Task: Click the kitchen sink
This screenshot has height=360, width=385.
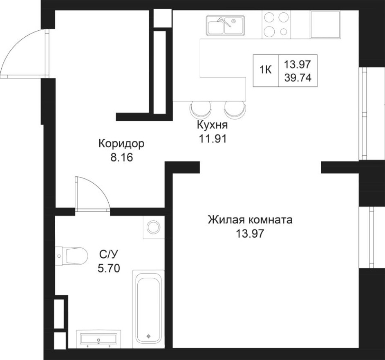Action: pos(225,25)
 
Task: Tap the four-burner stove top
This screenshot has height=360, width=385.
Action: pos(275,25)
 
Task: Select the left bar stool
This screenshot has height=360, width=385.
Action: pos(201,109)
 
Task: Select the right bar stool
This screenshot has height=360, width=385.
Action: pos(235,109)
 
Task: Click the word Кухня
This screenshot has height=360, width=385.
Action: pos(212,125)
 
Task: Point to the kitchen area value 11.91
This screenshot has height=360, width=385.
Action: pos(212,138)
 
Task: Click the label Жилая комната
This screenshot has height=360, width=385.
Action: pos(250,220)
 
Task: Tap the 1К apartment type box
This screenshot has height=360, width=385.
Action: pos(266,70)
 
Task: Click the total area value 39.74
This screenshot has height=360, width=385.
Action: pos(298,77)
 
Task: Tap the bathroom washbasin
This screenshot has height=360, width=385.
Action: pos(98,338)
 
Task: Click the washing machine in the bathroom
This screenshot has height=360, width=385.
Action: pos(154,227)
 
